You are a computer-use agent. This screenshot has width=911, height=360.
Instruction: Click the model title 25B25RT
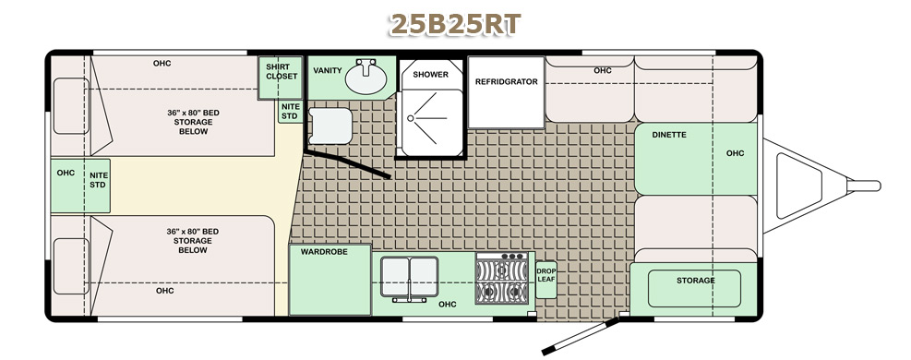coord(455,25)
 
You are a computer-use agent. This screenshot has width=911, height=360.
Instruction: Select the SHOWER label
coord(430,75)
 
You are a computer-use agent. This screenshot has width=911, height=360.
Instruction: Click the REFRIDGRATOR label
coord(506,82)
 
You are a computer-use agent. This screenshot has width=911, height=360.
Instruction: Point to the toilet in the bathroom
coord(330,126)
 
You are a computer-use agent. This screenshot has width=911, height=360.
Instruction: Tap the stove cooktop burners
coord(502,278)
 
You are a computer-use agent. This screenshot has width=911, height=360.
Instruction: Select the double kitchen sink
coord(409,278)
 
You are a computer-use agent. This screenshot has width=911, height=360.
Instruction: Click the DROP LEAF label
coord(545,275)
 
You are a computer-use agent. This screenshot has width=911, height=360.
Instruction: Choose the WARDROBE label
coord(324,252)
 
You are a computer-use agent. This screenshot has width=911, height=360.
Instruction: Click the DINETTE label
coord(669,135)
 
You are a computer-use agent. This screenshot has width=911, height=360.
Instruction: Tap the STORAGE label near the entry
coord(695,281)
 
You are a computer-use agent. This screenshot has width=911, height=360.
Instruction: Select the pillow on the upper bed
coord(71,106)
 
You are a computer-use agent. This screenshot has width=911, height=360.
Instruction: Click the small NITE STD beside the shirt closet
coord(290,112)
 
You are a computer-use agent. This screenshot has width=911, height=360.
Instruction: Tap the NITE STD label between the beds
coord(98,180)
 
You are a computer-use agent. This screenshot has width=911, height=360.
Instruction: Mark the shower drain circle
coord(410,118)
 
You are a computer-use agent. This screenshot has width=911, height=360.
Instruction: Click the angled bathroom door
coord(347,163)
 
